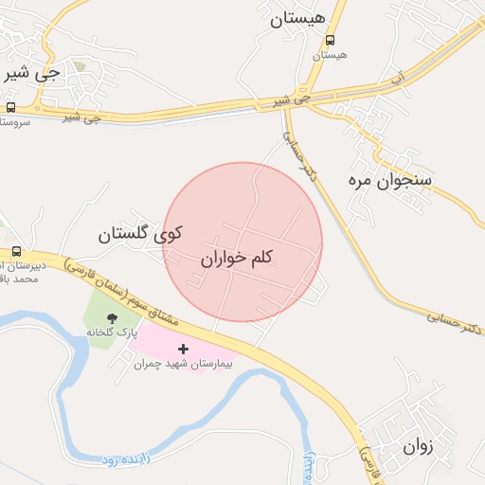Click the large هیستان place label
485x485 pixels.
pyautogui.click(x=297, y=19)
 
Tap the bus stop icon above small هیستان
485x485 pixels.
pyautogui.click(x=330, y=40)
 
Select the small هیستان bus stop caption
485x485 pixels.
pyautogui.click(x=330, y=55)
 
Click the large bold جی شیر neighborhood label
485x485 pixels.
pyautogui.click(x=32, y=72)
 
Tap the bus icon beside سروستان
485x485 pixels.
pyautogui.click(x=10, y=107)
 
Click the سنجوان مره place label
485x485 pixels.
pyautogui.click(x=397, y=178)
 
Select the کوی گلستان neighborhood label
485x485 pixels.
pyautogui.click(x=141, y=233)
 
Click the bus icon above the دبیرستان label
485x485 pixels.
pyautogui.click(x=17, y=251)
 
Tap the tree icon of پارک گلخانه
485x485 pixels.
pyautogui.click(x=112, y=318)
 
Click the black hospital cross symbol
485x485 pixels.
pyautogui.click(x=183, y=350)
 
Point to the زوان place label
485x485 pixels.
pyautogui.click(x=417, y=446)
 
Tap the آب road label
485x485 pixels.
pyautogui.click(x=399, y=74)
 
